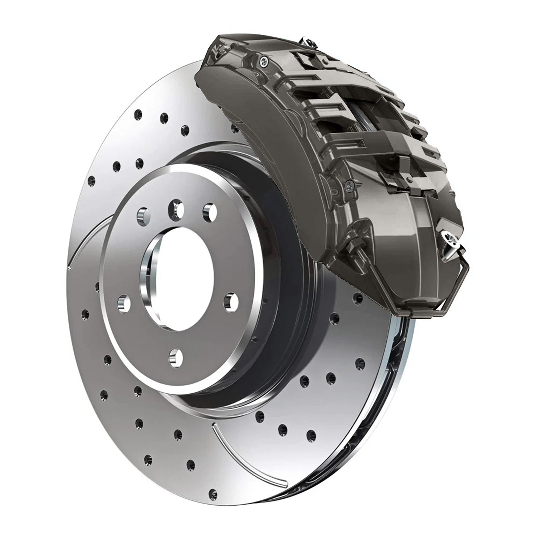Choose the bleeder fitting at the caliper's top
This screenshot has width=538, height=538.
coord(309,42)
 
